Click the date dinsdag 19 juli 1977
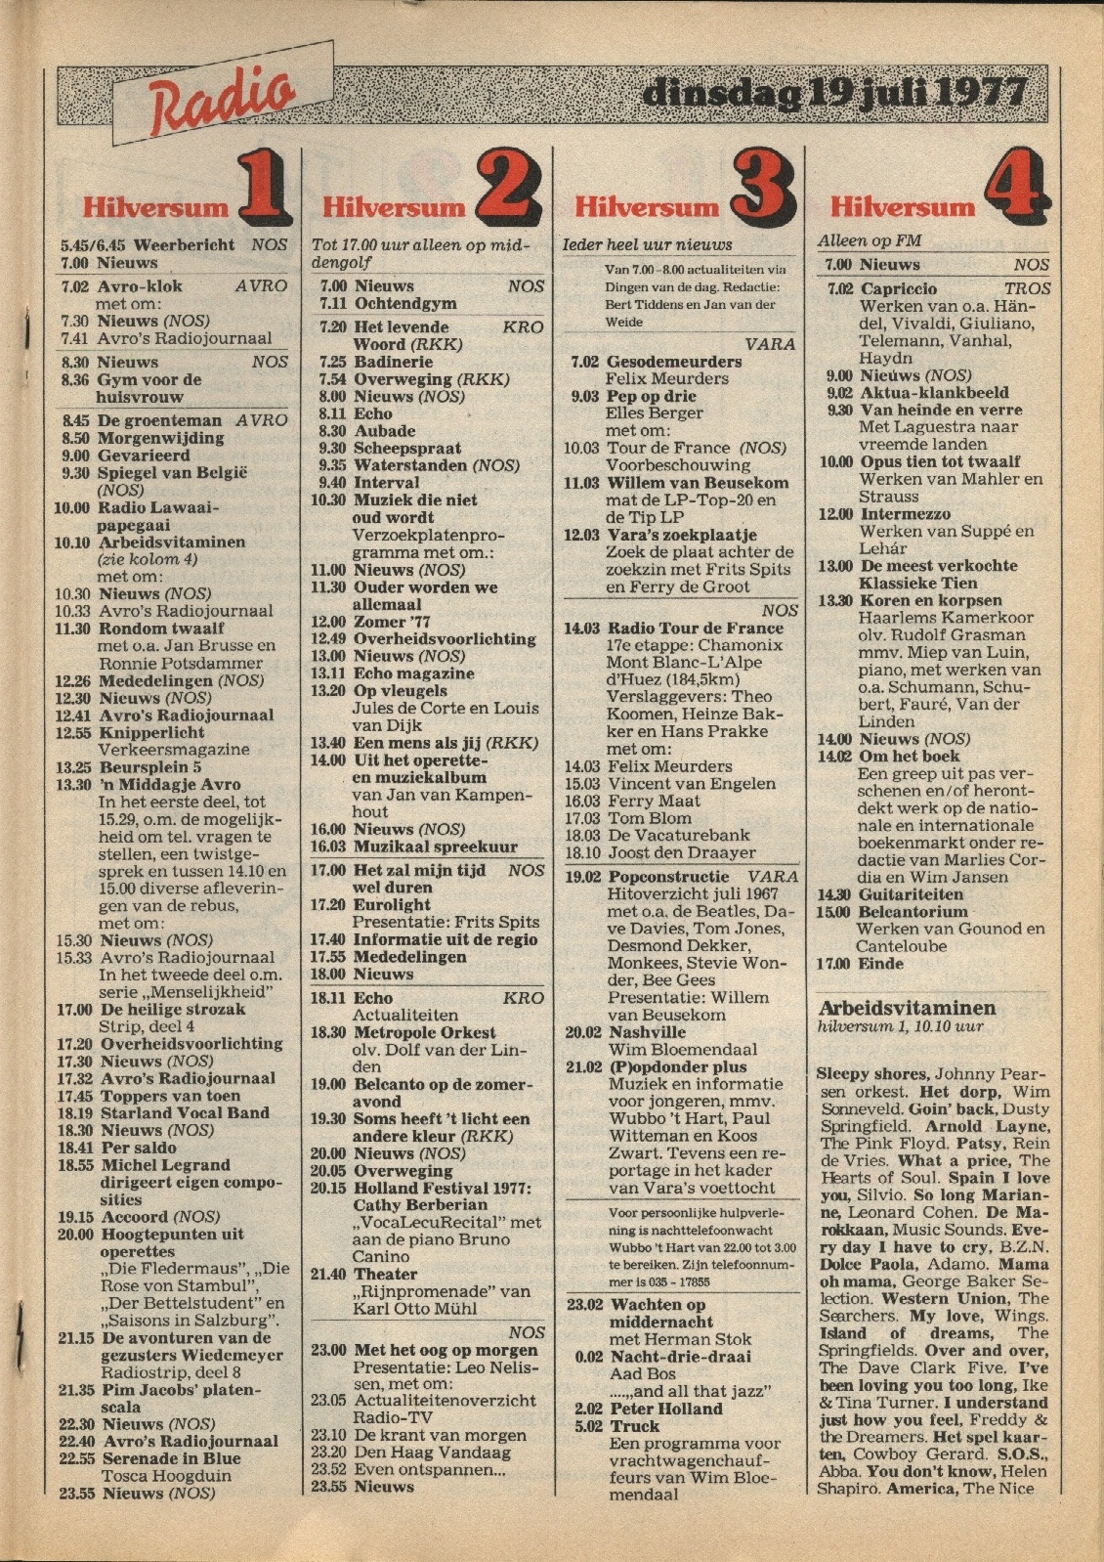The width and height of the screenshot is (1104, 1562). point(836,95)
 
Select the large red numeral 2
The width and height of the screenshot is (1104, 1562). point(507,189)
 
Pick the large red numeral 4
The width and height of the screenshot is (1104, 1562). point(1016,189)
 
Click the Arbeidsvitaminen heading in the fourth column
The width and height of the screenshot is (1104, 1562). point(906,1008)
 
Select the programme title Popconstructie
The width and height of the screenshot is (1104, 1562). point(668,877)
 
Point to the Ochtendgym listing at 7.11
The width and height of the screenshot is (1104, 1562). point(404,304)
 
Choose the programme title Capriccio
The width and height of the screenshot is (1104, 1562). point(898,288)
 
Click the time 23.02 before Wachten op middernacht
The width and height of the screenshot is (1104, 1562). point(584,1304)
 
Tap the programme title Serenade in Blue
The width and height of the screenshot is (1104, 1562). point(171,1458)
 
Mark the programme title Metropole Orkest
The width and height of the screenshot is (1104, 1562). point(424,1032)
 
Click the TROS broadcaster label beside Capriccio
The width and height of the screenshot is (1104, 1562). point(1027,288)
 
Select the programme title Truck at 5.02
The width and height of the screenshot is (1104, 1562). point(635,1426)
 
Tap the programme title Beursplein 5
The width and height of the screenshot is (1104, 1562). point(149,767)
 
